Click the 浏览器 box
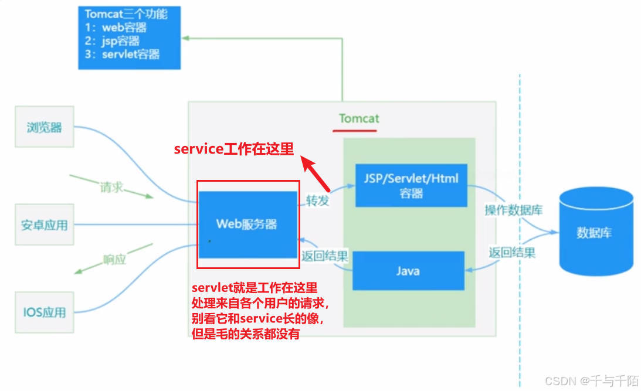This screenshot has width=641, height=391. (44, 127)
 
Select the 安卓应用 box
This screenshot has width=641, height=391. (44, 225)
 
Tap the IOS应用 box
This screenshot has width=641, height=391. (44, 312)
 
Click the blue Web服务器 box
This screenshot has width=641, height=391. (247, 224)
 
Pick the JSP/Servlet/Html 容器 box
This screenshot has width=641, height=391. (411, 185)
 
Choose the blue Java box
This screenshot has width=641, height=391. (408, 270)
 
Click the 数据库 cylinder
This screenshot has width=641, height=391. (596, 233)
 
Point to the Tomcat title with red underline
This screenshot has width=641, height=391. (359, 118)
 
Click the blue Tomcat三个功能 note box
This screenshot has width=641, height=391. (129, 37)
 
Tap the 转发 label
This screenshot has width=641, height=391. (317, 200)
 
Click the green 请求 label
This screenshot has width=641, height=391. (112, 188)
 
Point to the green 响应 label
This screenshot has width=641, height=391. (114, 259)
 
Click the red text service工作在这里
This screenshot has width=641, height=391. (233, 149)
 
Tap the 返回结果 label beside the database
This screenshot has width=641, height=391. (512, 253)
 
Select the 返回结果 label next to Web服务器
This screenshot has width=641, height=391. (324, 256)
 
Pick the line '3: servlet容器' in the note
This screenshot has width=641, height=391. (123, 55)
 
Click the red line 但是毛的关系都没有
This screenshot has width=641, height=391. (246, 335)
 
